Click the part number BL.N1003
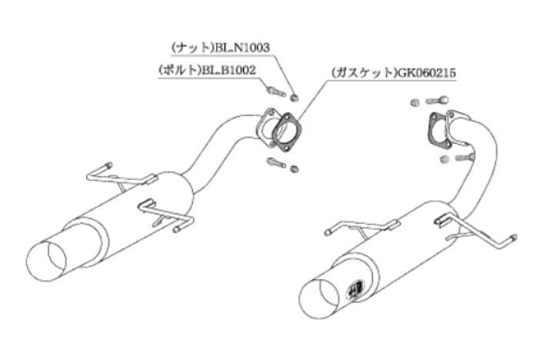tap(242, 48)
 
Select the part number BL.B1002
tap(228, 70)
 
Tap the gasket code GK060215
tap(426, 72)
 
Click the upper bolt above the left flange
tap(276, 92)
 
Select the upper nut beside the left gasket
tap(295, 98)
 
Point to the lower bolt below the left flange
tap(276, 162)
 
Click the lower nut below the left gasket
tap(295, 168)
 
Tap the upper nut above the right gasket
tap(415, 102)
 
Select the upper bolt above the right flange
tap(438, 100)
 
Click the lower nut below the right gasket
tap(445, 159)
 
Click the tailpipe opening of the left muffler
tap(46, 261)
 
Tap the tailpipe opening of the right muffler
tap(320, 298)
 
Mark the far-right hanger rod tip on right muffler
tap(514, 238)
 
